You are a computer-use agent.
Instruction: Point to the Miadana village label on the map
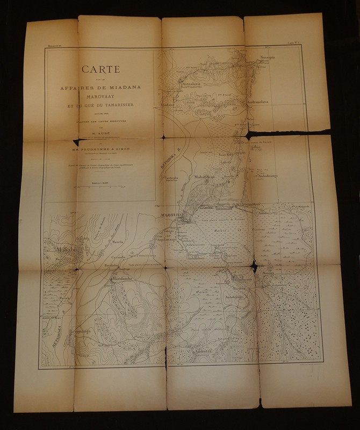click(168, 105)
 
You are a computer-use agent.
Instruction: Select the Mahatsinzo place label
click(204, 176)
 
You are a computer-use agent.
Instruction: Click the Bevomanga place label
click(66, 333)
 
